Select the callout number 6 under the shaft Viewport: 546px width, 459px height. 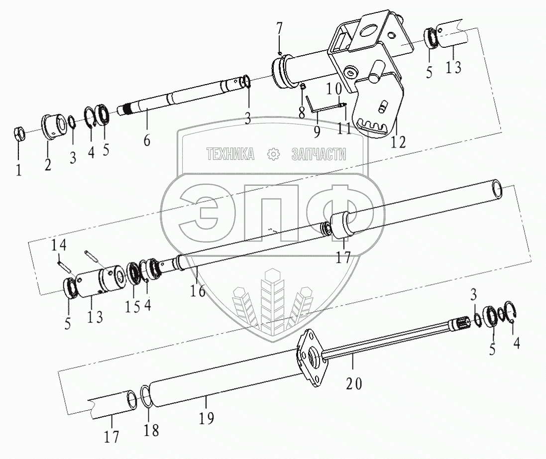click(x=147, y=140)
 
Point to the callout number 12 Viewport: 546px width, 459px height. click(x=398, y=142)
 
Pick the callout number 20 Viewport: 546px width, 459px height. click(x=355, y=384)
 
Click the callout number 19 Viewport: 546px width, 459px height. click(x=207, y=418)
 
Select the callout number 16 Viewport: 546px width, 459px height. click(x=198, y=291)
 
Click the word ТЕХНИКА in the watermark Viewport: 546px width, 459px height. click(x=230, y=154)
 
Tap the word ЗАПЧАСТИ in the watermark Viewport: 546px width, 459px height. click(x=319, y=154)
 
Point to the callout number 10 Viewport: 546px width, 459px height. click(x=334, y=90)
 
